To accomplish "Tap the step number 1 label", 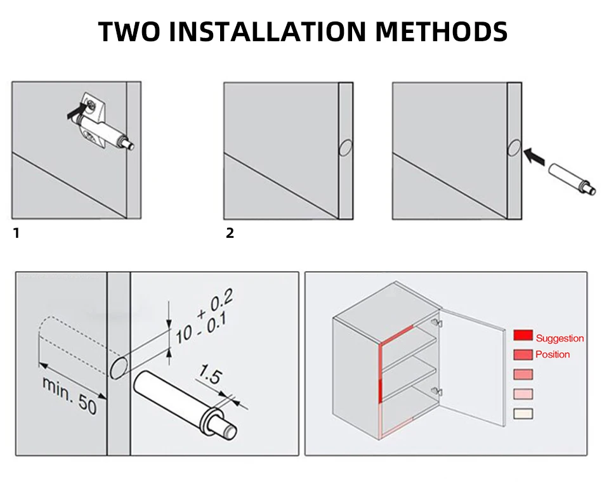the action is tap(16, 233).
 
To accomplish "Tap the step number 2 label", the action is tap(230, 233).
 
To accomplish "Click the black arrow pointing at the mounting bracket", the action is tap(75, 114).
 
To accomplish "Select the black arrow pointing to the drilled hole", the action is tap(535, 155).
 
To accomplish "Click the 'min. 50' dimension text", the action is tap(70, 395).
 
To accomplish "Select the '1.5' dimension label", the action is tap(210, 375).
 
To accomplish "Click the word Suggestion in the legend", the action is tap(560, 339).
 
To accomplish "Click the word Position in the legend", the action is tap(553, 354).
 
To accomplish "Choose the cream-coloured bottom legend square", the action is tap(523, 413).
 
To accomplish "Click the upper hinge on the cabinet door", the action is tap(435, 323).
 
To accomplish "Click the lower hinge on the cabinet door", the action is tap(435, 391).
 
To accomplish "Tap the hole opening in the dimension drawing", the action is tap(119, 367).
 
